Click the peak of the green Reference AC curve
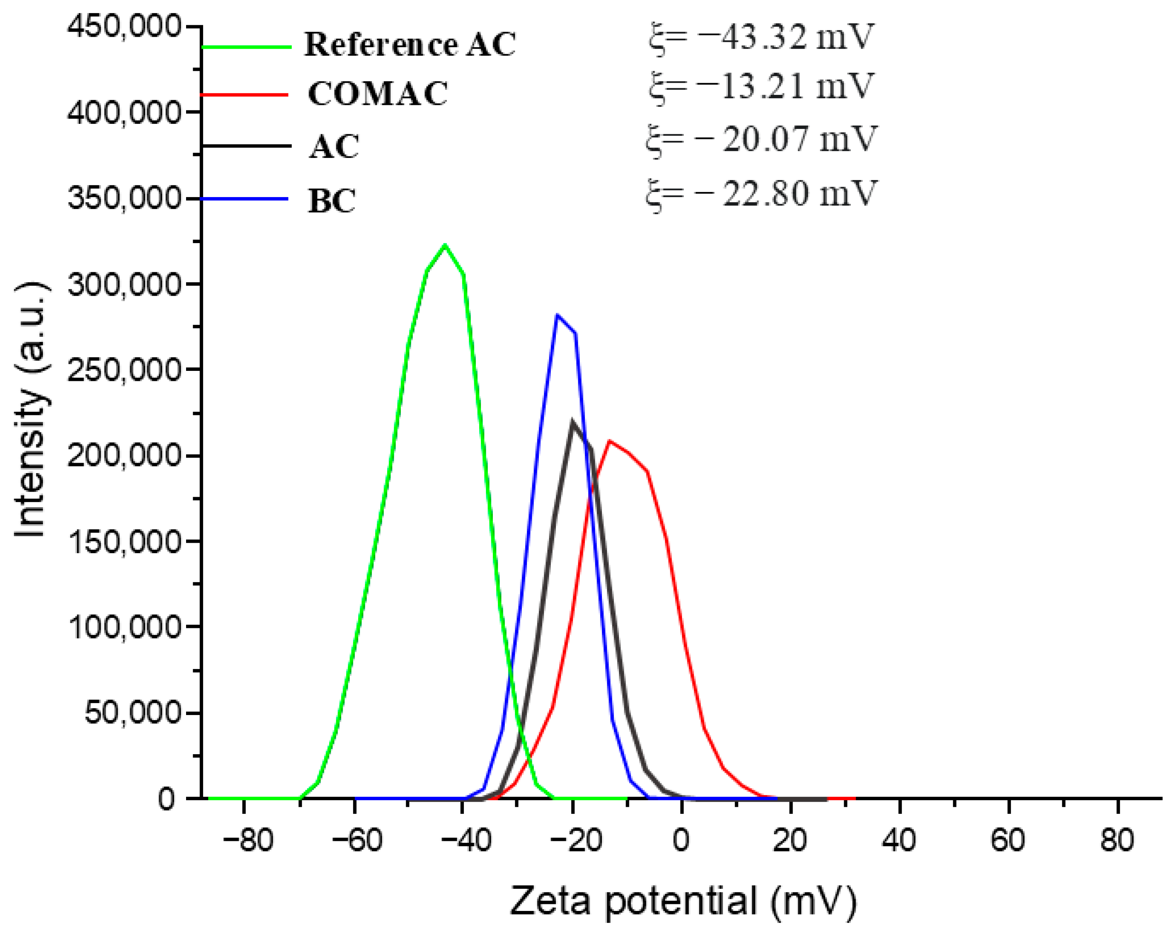[445, 245]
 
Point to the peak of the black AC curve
[572, 420]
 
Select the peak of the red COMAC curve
[609, 440]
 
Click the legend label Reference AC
[410, 44]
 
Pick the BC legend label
[332, 201]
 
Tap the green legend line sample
[246, 47]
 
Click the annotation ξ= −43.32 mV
[761, 38]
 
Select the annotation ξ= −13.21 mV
[761, 87]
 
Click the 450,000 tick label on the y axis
[124, 27]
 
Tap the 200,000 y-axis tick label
[124, 455]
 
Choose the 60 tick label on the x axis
[1008, 840]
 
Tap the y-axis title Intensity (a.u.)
[31, 410]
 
